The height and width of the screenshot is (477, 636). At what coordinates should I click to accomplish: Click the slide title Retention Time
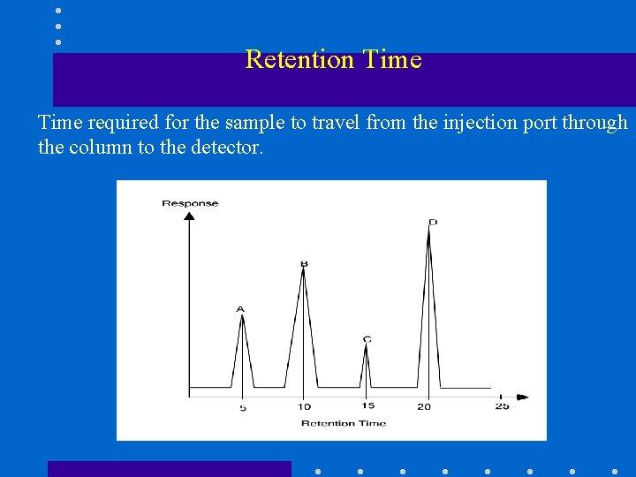coord(333,59)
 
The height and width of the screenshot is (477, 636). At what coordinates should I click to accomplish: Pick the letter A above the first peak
coord(240,309)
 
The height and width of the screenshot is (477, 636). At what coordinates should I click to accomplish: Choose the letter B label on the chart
coord(303,262)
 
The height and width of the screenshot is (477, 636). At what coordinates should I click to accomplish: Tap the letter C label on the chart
coord(367,339)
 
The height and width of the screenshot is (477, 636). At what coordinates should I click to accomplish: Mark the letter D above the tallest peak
coord(432,222)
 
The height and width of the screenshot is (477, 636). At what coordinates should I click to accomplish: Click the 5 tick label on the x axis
coord(243,408)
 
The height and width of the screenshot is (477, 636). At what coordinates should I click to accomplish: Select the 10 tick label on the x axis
coord(304,407)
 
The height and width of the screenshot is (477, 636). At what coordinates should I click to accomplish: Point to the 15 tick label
coord(367,406)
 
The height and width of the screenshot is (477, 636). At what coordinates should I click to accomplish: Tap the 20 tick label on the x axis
coord(424,407)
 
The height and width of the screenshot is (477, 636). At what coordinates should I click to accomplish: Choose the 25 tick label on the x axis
coord(502,406)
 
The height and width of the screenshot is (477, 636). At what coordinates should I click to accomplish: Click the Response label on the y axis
coord(190,203)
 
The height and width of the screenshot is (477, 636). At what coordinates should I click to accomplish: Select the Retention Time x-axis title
coord(344,424)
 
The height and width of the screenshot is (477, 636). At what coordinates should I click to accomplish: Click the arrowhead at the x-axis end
coord(523,397)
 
